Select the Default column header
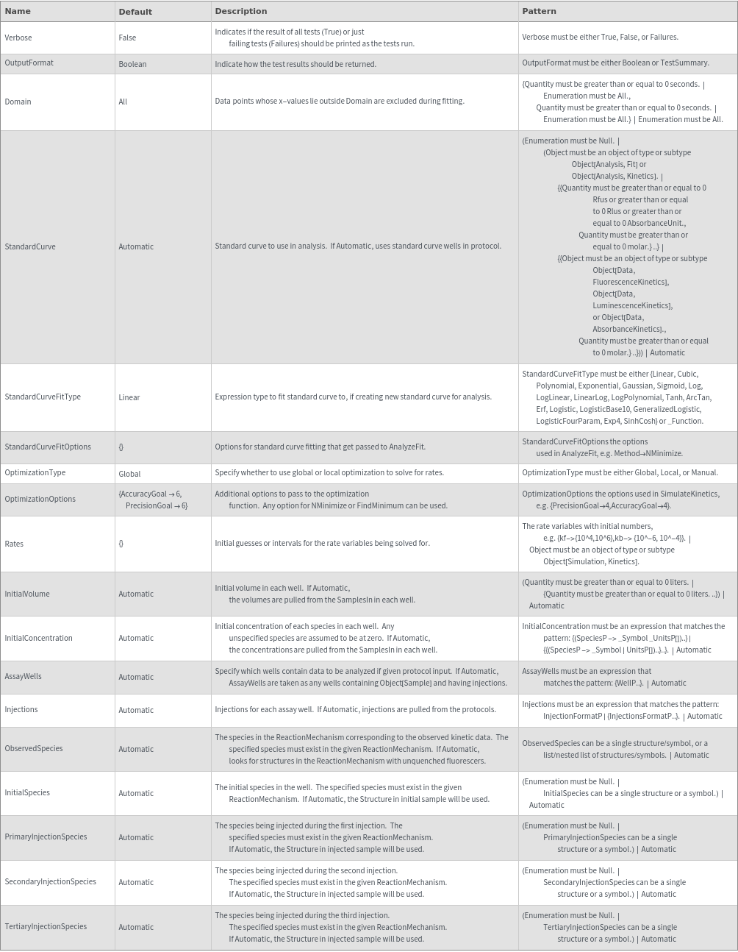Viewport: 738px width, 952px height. tap(135, 12)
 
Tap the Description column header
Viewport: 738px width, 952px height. tap(240, 11)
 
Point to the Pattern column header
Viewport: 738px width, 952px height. tap(539, 11)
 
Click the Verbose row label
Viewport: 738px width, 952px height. tap(18, 38)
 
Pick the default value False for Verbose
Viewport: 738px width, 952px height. tap(127, 38)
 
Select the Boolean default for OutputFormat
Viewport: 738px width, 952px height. tap(132, 64)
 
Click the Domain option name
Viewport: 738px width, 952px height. tap(18, 102)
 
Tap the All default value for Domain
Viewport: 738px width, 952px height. tap(123, 102)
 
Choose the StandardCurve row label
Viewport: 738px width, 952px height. tap(30, 246)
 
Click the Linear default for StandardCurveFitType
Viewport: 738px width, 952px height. tap(129, 397)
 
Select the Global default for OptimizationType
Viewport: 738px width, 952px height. tap(129, 474)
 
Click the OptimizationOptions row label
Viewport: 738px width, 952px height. tap(40, 499)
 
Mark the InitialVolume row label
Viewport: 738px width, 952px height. tap(27, 594)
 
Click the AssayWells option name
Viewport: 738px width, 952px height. tap(24, 676)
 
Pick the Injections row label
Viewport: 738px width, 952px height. tap(21, 709)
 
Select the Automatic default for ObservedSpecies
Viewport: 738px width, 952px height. tap(136, 749)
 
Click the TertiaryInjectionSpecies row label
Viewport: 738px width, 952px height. tap(46, 926)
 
